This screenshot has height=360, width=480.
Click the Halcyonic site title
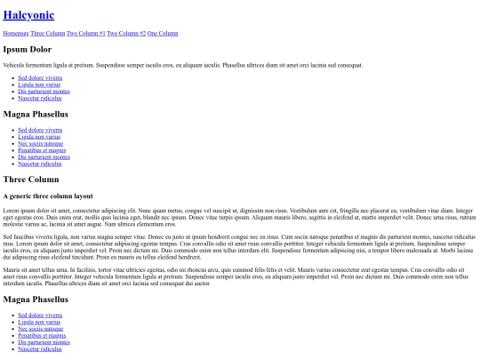[x=28, y=15]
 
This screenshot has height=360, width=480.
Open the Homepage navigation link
[x=16, y=33]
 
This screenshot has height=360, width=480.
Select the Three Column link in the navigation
[x=48, y=33]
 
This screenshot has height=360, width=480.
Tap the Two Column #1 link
[x=86, y=33]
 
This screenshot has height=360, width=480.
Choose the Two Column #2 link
[x=126, y=33]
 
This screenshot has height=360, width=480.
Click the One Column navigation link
[x=163, y=33]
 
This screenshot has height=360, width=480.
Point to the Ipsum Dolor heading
[x=28, y=49]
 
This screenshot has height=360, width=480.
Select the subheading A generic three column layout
[x=48, y=196]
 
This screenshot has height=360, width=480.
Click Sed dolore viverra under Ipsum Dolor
[x=40, y=77]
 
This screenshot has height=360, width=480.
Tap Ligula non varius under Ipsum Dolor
[x=39, y=84]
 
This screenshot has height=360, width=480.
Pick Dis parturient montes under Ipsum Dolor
[x=44, y=91]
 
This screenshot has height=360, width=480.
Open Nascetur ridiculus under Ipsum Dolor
[x=40, y=98]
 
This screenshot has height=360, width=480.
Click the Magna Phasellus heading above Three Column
[x=36, y=114]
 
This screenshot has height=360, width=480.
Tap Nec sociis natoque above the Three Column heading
[x=40, y=143]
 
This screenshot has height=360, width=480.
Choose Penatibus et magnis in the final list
[x=42, y=335]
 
